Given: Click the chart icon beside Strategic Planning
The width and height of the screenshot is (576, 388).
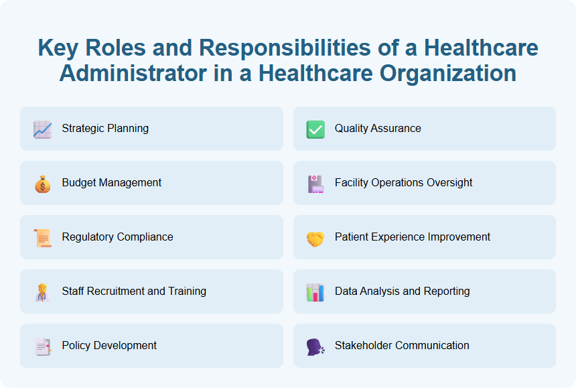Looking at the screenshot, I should [42, 129].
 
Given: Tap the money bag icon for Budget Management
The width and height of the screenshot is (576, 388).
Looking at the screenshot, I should [42, 183].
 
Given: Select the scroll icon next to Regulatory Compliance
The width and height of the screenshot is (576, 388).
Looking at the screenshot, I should [42, 237].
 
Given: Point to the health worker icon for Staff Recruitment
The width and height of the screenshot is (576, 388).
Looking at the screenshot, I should [42, 292].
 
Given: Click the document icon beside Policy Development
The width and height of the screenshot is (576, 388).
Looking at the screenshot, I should [42, 346].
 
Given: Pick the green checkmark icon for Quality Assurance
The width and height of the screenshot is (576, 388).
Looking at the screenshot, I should [315, 129].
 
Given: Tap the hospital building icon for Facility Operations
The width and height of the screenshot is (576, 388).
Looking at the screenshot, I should [315, 183].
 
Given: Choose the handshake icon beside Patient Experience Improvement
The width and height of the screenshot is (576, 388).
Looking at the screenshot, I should [315, 237].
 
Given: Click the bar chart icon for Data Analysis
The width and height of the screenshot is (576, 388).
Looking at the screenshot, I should [315, 292].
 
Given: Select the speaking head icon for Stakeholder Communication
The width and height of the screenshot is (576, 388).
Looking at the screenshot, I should [315, 346].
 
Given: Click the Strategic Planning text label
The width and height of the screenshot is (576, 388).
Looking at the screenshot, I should [105, 128].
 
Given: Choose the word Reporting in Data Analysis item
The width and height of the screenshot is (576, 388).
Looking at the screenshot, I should [447, 291].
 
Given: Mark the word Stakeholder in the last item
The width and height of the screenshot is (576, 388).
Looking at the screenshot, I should [364, 345].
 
